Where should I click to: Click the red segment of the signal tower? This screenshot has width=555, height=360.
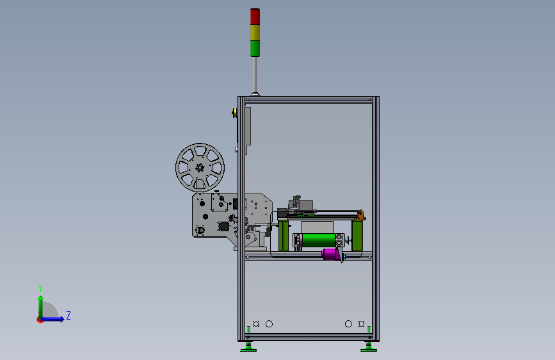(x=255, y=17)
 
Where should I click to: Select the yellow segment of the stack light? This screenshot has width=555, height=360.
(x=255, y=33)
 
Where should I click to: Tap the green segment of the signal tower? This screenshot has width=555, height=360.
(x=255, y=49)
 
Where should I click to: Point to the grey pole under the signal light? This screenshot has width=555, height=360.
(x=255, y=75)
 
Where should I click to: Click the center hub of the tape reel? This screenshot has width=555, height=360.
(x=200, y=168)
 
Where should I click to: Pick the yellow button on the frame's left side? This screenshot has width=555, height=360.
(x=235, y=113)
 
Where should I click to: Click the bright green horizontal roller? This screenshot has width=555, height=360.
(x=318, y=240)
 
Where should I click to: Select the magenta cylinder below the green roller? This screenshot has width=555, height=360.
(x=331, y=254)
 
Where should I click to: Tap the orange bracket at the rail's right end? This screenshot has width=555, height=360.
(x=360, y=215)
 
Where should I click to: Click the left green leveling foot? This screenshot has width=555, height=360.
(x=248, y=347)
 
